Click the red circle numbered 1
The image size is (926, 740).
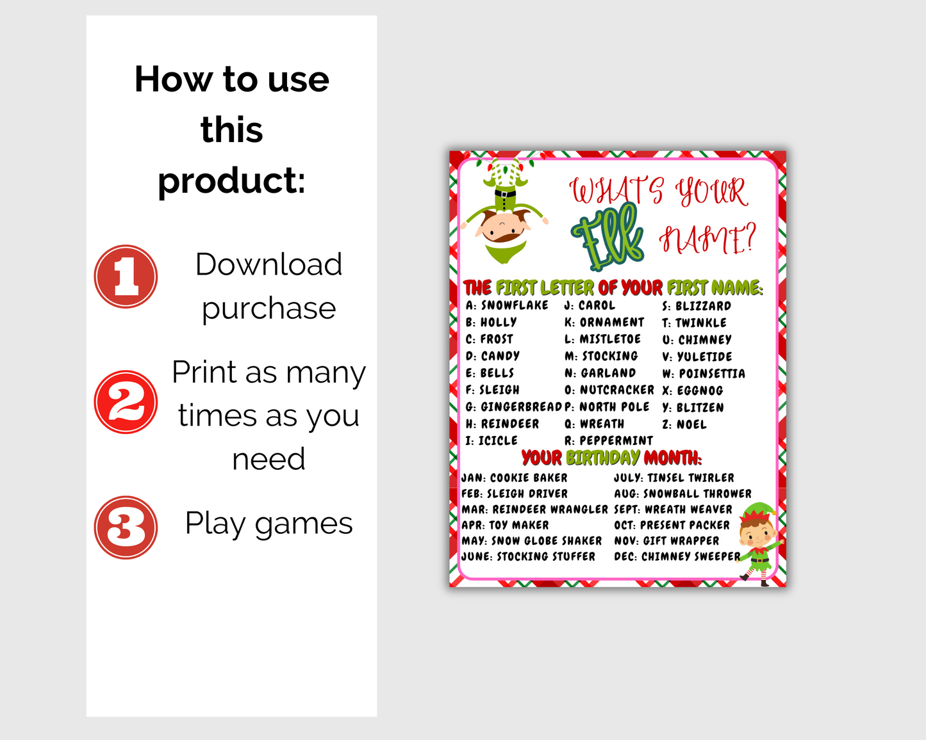point(126,277)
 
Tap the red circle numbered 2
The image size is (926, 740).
point(126,402)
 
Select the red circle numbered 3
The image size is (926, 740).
point(126,527)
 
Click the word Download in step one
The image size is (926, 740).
point(269,264)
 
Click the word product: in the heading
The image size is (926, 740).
point(231,181)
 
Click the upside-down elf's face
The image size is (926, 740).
point(502,229)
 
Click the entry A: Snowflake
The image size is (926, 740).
point(507,305)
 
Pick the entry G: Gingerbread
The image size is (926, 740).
point(513,407)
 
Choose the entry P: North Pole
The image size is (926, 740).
point(607,407)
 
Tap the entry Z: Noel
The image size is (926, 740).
point(684,424)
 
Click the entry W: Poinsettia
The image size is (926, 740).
point(704,374)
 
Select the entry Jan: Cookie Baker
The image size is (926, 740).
point(515,478)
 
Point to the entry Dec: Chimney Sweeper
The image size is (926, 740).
point(677,557)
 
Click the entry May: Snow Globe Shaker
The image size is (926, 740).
point(532,541)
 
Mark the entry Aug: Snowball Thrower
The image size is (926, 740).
point(682,494)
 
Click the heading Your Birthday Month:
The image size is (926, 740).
point(611,458)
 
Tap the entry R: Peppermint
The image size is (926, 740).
point(609,441)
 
